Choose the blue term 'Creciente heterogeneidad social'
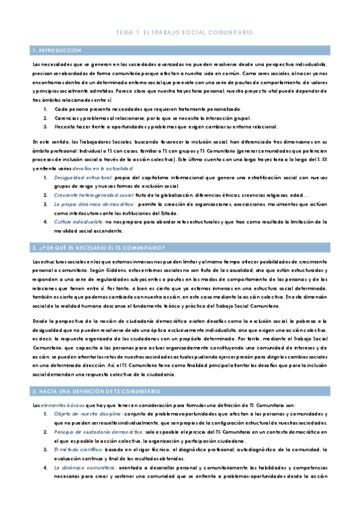[x=94, y=195]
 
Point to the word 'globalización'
[x=175, y=195]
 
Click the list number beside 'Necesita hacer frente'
[x=46, y=126]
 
